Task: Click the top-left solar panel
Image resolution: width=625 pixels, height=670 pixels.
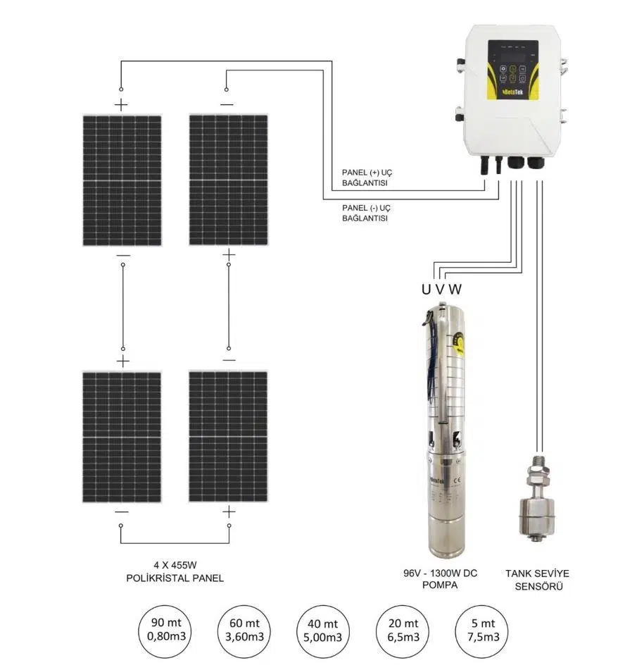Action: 122,180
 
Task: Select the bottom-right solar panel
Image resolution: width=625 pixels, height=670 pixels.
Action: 228,436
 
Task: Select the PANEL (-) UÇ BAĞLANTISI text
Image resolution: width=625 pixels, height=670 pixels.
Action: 366,213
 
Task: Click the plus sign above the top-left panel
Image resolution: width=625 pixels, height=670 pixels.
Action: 122,106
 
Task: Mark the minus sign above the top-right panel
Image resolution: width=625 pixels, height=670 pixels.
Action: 227,105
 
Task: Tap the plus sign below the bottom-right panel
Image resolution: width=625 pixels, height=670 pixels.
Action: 228,512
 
